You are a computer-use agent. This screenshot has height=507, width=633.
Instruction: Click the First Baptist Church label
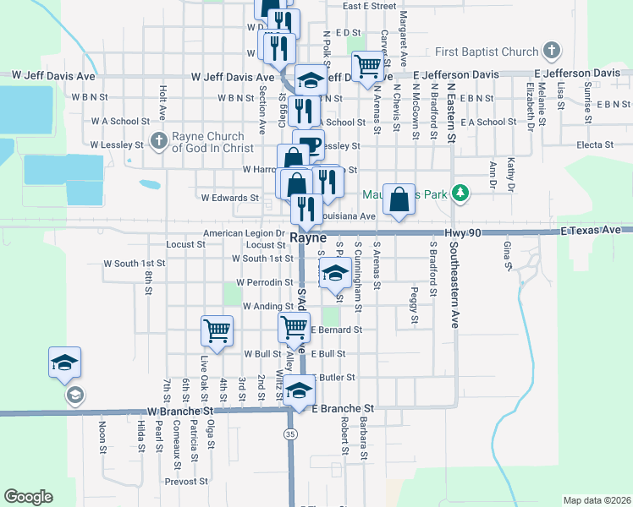tap(487, 52)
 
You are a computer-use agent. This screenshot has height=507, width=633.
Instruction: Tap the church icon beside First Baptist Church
tap(552, 51)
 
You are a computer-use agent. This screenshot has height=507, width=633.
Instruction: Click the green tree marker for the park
tap(460, 194)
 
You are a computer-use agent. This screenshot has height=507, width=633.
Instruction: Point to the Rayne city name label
tap(309, 239)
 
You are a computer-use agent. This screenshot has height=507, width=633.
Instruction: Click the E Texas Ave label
tap(591, 230)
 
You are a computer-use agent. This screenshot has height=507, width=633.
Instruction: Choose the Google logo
tap(28, 497)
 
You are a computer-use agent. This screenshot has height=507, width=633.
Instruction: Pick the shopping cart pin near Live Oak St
tap(217, 330)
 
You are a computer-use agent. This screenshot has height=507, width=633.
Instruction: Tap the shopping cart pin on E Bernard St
tap(294, 325)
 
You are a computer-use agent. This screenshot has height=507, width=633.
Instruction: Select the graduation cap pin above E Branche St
tap(299, 390)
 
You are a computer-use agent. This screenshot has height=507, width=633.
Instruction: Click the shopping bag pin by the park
tap(399, 199)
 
